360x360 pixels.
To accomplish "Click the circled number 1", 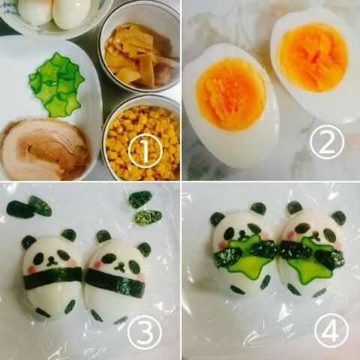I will point(145,151).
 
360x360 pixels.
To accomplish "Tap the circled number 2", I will point(326,142).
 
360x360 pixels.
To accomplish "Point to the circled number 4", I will point(330,331).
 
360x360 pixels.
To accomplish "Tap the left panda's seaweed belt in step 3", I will point(52,278).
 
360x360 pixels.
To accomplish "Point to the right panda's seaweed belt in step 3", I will point(115,283).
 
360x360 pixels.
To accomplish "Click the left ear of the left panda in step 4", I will point(217,219).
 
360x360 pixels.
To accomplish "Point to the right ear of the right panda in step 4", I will point(339,217).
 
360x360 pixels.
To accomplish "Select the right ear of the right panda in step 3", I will point(143,247).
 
